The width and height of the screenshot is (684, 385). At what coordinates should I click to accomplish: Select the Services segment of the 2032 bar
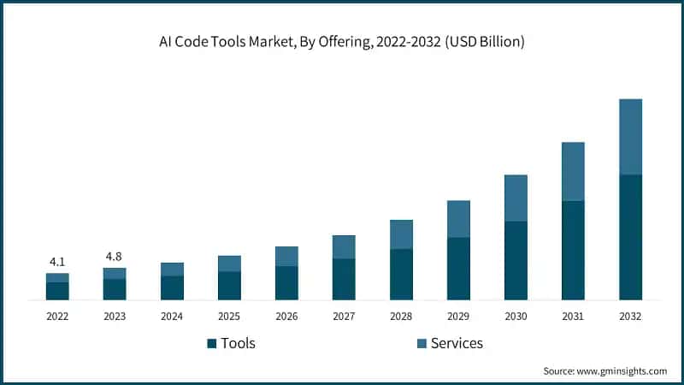(x=630, y=137)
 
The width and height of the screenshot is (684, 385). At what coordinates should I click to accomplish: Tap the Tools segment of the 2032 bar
(x=630, y=237)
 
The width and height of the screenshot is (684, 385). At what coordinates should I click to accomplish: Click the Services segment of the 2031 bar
(x=573, y=171)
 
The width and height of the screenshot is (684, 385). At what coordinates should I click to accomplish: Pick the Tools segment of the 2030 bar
(x=516, y=260)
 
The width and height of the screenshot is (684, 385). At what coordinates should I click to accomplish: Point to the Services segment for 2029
(x=458, y=219)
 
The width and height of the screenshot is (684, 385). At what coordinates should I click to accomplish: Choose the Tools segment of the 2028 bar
(x=401, y=274)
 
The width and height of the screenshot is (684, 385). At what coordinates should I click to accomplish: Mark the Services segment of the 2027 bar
(x=344, y=246)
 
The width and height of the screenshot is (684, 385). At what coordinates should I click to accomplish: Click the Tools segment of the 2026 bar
(x=286, y=282)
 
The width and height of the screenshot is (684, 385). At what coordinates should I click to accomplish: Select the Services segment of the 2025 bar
(x=229, y=264)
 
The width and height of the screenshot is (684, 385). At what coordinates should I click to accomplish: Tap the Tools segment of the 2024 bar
(x=172, y=287)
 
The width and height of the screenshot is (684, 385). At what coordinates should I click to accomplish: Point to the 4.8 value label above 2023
(x=115, y=257)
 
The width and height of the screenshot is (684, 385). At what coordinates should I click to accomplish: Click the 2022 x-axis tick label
(x=57, y=316)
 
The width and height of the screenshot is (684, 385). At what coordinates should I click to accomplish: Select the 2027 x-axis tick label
(x=344, y=316)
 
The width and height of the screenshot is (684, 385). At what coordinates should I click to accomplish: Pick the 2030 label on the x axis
(x=516, y=316)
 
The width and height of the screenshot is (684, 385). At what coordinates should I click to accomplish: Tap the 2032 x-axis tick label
(x=630, y=316)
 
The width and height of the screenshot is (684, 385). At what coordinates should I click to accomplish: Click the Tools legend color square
(x=211, y=344)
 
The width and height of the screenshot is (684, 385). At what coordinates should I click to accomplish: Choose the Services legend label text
(x=457, y=343)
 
